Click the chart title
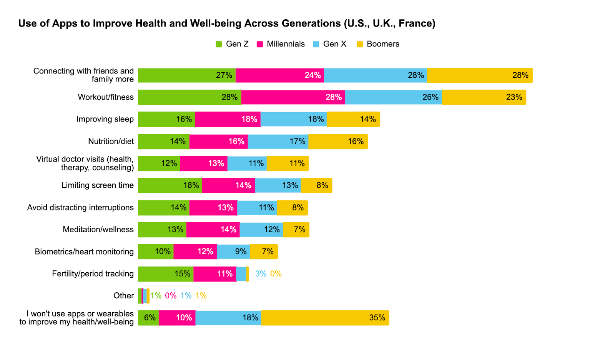pos(227,23)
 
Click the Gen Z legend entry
pos(232,44)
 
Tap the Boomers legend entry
pos(378,44)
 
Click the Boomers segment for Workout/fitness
pos(484,97)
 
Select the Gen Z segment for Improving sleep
pos(166,119)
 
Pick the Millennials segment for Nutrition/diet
pos(218,142)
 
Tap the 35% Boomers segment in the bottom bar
pos(325,318)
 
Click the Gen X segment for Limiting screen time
pos(278,185)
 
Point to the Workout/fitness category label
pos(106,97)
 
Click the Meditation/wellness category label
pos(98,230)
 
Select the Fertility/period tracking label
pos(93,274)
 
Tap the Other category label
pos(123,296)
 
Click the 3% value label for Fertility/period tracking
pos(261,274)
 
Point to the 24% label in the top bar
pos(312,75)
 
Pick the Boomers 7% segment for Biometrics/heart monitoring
pos(264,252)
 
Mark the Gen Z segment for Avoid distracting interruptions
pos(163,208)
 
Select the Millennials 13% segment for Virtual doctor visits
pos(204,163)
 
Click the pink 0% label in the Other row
pos(171,296)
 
